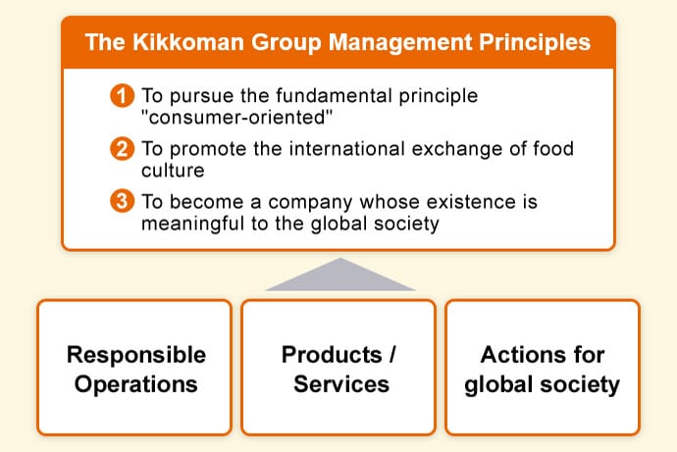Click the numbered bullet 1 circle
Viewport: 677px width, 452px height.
click(x=123, y=95)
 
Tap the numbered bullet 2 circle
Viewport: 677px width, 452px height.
click(x=123, y=149)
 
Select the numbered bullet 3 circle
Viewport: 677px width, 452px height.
click(x=123, y=201)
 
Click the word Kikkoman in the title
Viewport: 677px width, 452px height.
click(x=188, y=42)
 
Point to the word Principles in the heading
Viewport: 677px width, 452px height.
click(x=535, y=42)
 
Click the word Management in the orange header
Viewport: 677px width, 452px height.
click(x=400, y=43)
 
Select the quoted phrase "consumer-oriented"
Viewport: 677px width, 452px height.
click(x=237, y=118)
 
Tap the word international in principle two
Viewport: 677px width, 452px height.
click(x=347, y=149)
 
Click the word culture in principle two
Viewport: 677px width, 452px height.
click(x=173, y=171)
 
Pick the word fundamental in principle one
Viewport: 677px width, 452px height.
click(x=335, y=96)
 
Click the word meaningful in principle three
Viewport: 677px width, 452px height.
click(x=193, y=225)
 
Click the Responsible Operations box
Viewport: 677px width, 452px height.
click(x=134, y=367)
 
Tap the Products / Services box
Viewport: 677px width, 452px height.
click(x=338, y=367)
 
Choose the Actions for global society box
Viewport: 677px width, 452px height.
click(x=543, y=367)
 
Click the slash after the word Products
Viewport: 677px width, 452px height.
click(x=392, y=355)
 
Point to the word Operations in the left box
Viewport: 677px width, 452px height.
click(x=136, y=384)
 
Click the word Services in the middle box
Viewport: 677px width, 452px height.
click(x=341, y=383)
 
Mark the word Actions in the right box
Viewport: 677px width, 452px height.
click(x=511, y=355)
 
